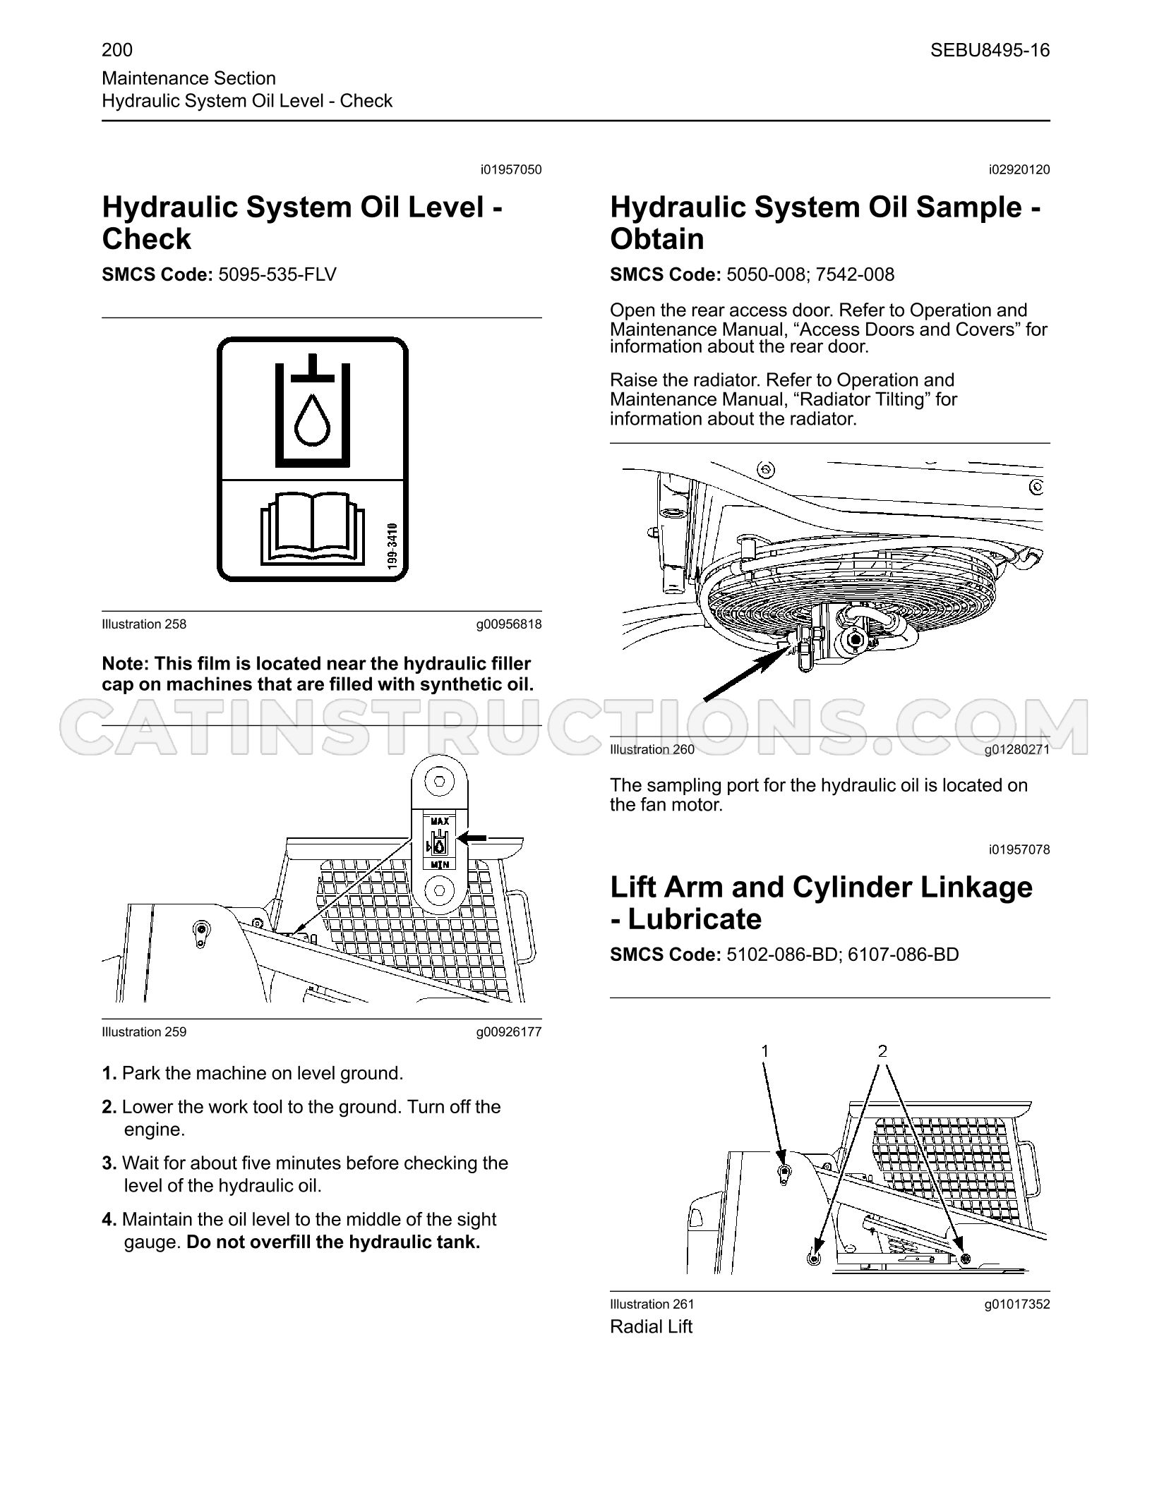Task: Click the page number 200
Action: (117, 50)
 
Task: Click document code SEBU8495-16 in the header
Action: (990, 50)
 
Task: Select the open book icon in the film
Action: (312, 528)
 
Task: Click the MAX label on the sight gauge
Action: (440, 822)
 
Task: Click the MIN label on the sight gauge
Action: (440, 864)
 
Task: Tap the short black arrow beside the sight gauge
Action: (472, 837)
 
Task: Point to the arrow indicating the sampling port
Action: (746, 674)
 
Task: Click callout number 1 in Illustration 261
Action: (764, 1050)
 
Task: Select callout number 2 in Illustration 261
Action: (882, 1050)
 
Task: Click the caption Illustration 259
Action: (144, 1032)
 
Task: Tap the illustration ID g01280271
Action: (1017, 749)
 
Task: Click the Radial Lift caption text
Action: (651, 1326)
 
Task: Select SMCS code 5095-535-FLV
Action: (277, 274)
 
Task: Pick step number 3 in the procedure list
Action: (109, 1163)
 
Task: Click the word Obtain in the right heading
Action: (657, 238)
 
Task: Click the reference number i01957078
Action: (1019, 849)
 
